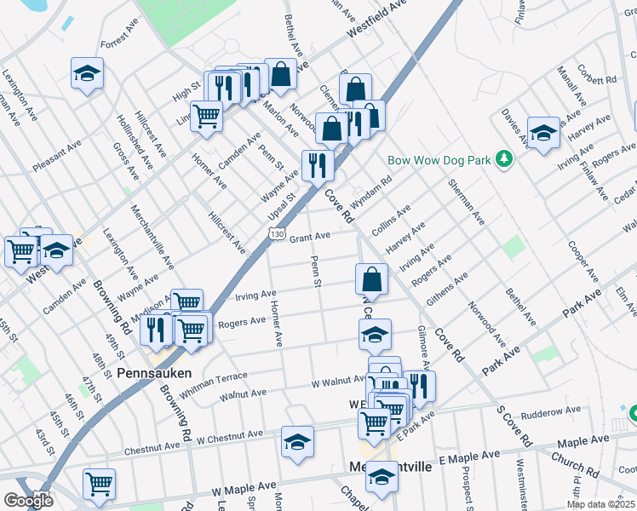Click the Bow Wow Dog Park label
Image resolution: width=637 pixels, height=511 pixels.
tap(439, 159)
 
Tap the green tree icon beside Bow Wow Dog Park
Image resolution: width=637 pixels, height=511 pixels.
tap(504, 158)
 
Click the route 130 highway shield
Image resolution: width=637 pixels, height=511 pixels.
tap(277, 233)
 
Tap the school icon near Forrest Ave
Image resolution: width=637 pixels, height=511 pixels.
tap(87, 73)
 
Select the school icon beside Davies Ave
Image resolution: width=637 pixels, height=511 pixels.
tap(543, 133)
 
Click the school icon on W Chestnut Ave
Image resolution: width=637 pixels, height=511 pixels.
tap(297, 442)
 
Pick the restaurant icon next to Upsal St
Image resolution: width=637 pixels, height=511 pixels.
tap(317, 165)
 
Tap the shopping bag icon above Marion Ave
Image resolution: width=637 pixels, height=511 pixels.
tap(280, 75)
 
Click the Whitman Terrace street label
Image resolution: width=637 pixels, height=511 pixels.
tap(210, 379)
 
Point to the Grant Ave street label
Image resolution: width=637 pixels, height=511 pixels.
tap(310, 237)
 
